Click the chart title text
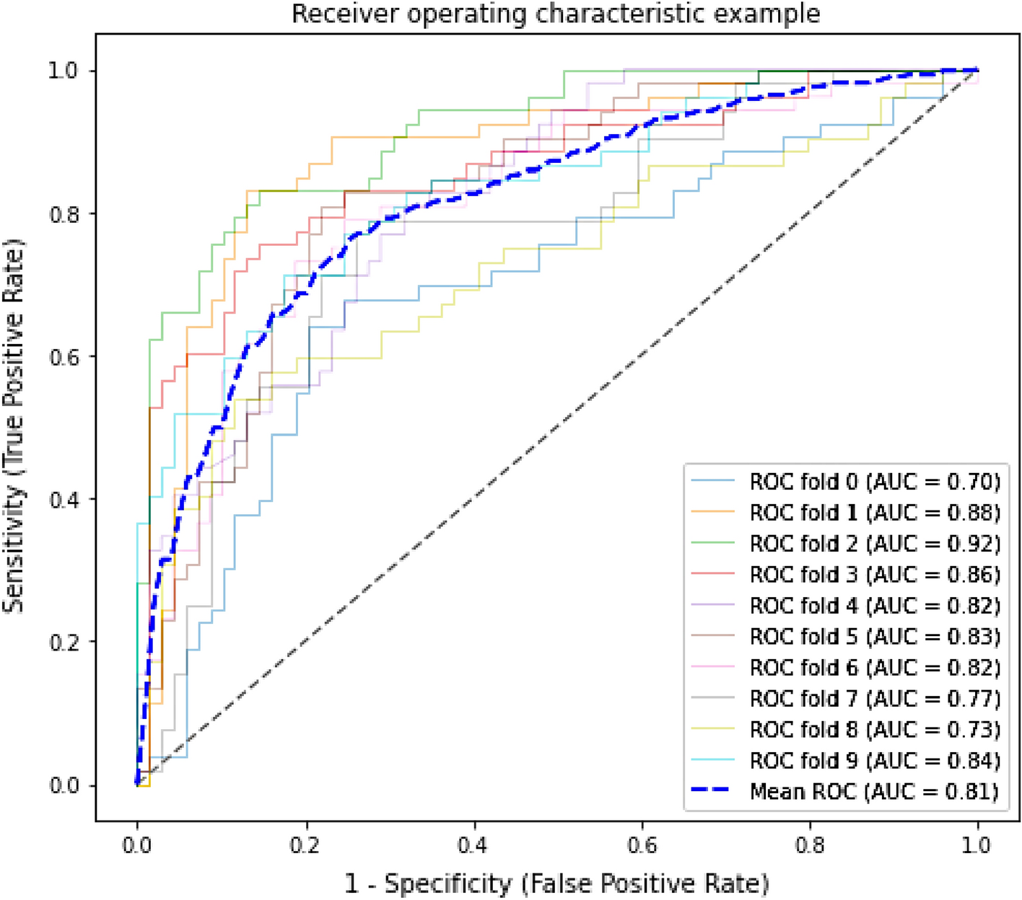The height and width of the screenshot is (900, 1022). click(x=556, y=14)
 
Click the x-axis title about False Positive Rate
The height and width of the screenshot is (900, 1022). click(x=556, y=883)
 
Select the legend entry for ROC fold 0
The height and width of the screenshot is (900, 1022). click(x=874, y=481)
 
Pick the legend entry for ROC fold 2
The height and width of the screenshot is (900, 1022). click(x=874, y=543)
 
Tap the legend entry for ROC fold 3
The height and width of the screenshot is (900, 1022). click(x=874, y=575)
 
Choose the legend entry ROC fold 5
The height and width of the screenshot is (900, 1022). click(x=874, y=637)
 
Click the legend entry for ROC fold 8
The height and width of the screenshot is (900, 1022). click(x=874, y=730)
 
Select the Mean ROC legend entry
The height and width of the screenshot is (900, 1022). click(x=874, y=792)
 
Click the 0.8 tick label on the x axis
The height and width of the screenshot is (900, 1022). click(x=810, y=844)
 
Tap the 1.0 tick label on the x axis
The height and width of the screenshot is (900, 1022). click(x=977, y=844)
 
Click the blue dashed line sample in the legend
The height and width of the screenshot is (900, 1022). click(x=712, y=791)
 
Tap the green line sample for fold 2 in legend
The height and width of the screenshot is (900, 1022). click(x=712, y=543)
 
